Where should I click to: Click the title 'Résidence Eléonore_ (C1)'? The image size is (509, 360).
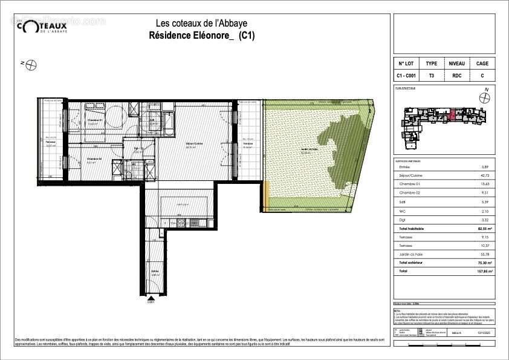[x=201, y=36]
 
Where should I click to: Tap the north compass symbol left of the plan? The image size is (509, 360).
[x=30, y=64]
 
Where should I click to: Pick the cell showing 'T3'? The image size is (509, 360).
[x=431, y=76]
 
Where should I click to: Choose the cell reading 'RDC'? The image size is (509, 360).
[x=456, y=76]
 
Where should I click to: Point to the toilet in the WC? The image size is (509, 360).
[x=128, y=175]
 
